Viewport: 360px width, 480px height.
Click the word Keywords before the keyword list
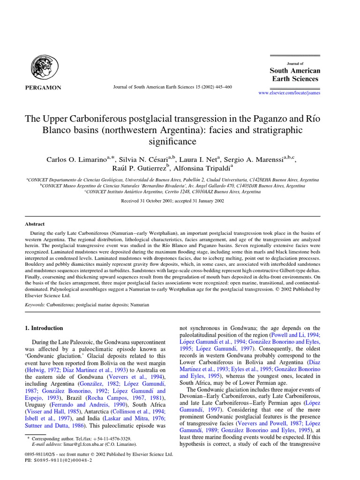pyautogui.click(x=36, y=305)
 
